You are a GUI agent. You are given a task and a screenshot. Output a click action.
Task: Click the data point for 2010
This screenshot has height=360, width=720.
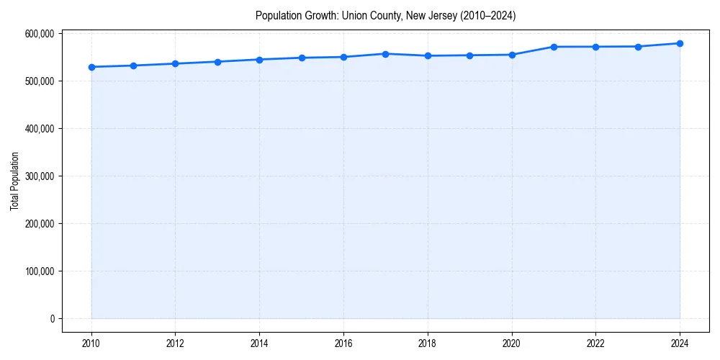pos(91,67)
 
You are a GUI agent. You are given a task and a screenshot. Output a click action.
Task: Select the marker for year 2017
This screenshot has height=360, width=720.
pos(386,54)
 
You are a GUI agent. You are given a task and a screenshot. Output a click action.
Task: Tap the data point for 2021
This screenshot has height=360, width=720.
pos(554,47)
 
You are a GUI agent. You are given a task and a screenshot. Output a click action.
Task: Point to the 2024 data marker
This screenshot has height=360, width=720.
pos(680,43)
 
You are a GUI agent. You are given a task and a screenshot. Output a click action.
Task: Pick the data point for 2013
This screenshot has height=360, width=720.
pos(217,62)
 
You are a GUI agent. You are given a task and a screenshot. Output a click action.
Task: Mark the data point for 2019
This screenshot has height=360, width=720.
pos(469,55)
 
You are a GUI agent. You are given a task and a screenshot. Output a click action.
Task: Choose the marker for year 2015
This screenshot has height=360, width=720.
pos(302,58)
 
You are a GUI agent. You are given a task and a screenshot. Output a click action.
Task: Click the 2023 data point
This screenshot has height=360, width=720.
pos(638,47)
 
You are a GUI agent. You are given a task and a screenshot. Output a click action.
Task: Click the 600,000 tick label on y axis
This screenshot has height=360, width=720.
pos(40,34)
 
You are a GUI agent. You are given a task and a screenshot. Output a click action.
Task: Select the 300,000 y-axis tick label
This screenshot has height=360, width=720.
pos(40,176)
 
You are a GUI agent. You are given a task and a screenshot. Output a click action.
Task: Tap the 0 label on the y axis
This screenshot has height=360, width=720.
pos(51,319)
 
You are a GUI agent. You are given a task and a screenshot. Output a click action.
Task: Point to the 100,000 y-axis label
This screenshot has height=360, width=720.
pos(40,271)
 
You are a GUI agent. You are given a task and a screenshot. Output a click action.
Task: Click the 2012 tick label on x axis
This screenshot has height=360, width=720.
pos(175,343)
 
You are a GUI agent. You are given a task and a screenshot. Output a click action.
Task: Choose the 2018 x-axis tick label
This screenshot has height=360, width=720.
pos(428,343)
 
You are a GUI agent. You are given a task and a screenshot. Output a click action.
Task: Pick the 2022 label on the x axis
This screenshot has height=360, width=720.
pos(595,343)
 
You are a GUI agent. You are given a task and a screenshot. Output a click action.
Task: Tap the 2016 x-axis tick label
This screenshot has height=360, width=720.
pos(343,343)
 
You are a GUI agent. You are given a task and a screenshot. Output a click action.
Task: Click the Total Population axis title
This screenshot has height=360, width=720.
pos(14,181)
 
